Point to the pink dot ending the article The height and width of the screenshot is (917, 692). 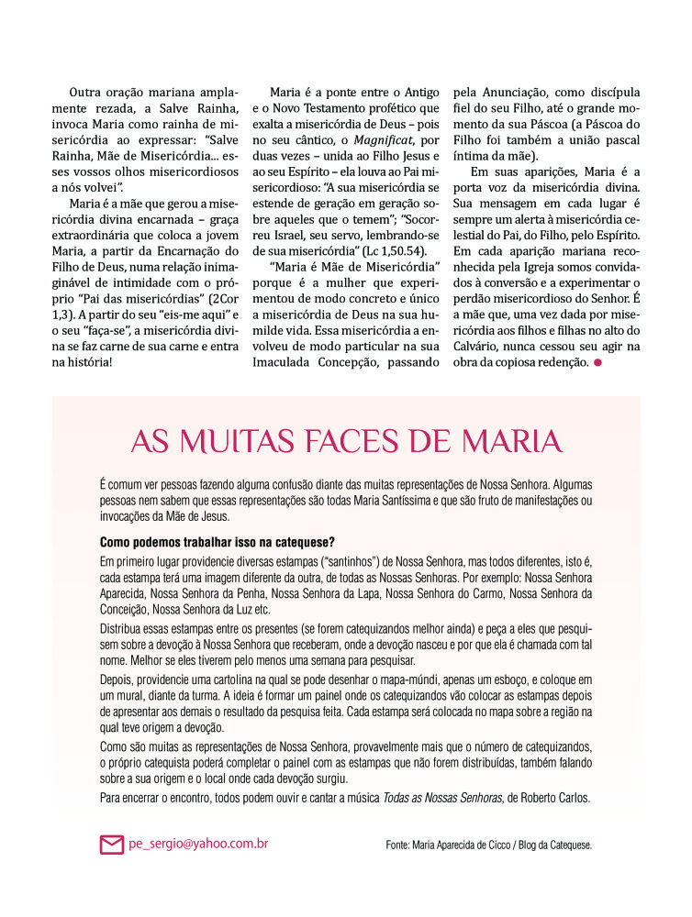(597, 364)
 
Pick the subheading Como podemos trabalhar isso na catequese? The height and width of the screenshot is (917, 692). (217, 541)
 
